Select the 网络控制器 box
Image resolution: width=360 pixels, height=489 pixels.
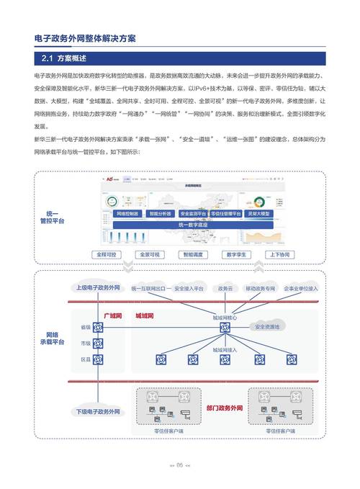click(129, 214)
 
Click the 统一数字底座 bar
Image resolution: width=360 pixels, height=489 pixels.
click(192, 225)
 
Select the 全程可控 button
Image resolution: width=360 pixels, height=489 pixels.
click(107, 255)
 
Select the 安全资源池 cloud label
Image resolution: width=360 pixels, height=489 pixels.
click(270, 326)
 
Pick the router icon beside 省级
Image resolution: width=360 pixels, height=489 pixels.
click(98, 328)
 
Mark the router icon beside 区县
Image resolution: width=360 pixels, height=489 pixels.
click(98, 359)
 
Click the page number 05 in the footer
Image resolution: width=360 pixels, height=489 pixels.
click(180, 465)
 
